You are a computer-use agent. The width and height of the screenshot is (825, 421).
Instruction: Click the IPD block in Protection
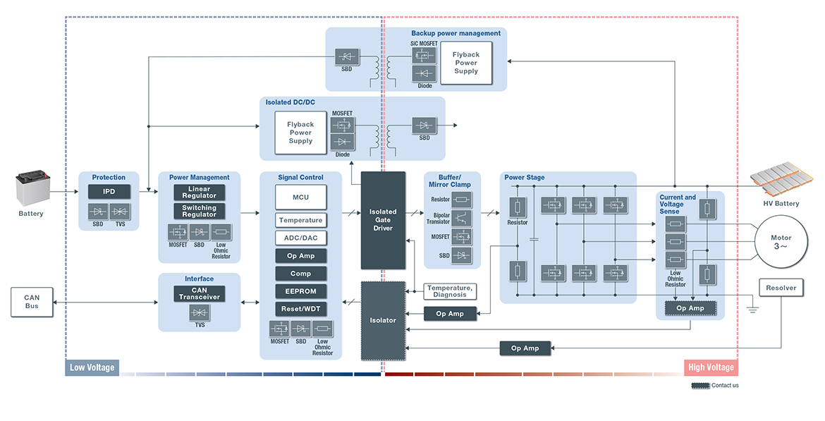coord(109,191)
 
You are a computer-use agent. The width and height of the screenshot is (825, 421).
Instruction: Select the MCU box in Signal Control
coord(300,197)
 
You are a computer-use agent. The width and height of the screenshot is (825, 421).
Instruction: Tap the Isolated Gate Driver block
coord(383,220)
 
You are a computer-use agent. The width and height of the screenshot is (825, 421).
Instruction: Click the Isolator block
coord(383,320)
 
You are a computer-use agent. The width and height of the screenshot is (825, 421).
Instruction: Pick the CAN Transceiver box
coord(200,294)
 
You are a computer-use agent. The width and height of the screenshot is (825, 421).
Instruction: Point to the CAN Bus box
coord(32,301)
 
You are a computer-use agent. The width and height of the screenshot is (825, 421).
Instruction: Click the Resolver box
coord(781,288)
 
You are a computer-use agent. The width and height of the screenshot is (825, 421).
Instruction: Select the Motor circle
coord(781,243)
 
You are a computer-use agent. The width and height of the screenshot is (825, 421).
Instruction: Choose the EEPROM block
coord(300,291)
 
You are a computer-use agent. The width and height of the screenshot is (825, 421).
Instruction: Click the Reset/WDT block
coord(300,309)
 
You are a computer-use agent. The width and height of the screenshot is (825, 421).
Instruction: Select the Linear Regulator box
coord(200,193)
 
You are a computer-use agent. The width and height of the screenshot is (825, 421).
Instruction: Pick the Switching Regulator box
coord(200,211)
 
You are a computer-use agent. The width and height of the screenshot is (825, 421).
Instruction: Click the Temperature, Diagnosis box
coord(450,291)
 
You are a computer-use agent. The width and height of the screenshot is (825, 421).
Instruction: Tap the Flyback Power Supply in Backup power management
coord(465,63)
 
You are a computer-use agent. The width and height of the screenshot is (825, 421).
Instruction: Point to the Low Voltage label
coord(92,367)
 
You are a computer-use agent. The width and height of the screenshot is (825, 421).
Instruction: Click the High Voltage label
coord(711,367)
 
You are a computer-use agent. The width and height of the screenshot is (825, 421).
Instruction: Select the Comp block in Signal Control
coord(300,274)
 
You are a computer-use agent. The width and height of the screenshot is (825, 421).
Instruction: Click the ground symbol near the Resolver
coord(752,308)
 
